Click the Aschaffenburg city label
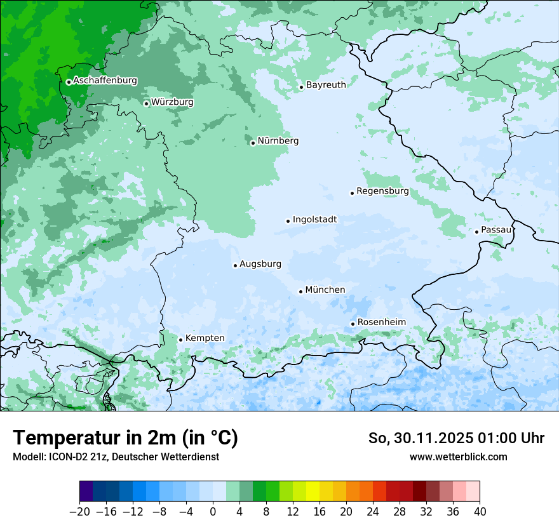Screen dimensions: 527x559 [105, 81]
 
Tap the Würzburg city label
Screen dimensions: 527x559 [172, 102]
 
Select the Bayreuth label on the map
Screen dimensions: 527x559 [326, 85]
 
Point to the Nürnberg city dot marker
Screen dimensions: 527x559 [253, 143]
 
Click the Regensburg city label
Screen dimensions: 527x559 [382, 191]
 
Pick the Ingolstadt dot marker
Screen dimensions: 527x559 [288, 221]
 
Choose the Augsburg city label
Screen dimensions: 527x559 [260, 264]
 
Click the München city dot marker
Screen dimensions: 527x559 [300, 291]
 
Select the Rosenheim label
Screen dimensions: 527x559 [381, 323]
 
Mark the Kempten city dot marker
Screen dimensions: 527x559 [180, 340]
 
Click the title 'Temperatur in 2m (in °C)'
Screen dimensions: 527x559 [125, 438]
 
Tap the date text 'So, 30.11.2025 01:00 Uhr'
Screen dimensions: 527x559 [456, 438]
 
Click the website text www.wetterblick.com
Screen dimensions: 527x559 [458, 457]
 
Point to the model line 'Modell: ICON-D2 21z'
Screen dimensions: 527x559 [60, 457]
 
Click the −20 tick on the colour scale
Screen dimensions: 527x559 [79, 512]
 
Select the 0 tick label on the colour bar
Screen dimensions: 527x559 [213, 512]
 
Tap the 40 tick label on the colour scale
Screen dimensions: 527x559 [480, 512]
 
